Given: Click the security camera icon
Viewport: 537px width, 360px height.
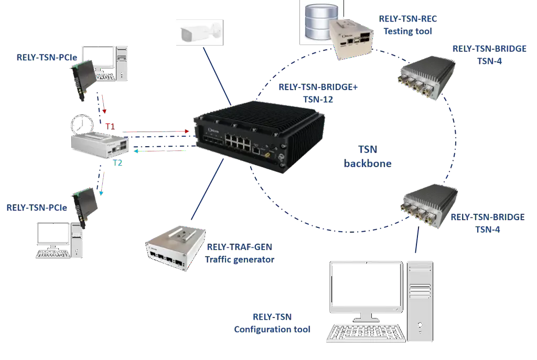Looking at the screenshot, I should pos(198,33).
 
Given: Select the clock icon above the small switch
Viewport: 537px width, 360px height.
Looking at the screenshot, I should pos(81,124).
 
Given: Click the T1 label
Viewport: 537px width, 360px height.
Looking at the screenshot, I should pos(110,126).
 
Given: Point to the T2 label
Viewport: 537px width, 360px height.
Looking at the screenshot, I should pos(118,163).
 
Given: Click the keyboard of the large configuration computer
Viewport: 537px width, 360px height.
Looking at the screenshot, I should pos(366,333).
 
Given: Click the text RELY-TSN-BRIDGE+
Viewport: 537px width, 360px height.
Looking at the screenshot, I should pos(318,87).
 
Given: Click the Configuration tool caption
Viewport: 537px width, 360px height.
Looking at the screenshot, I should pos(272,330).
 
